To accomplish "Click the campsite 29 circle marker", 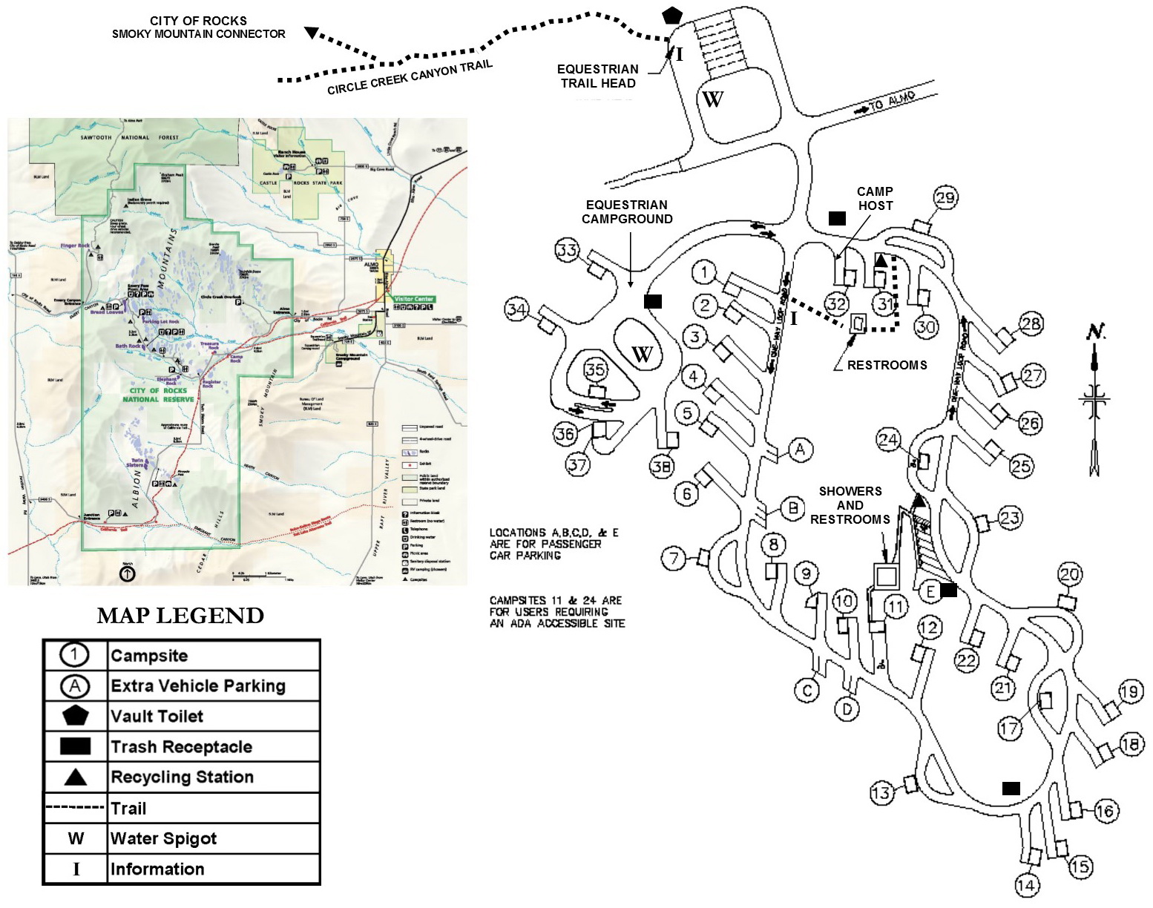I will tap(945, 198).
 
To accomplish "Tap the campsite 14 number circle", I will tap(1027, 884).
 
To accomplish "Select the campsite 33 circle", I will tap(568, 251).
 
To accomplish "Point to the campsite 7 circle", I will tap(674, 558).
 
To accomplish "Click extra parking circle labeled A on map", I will tap(800, 450).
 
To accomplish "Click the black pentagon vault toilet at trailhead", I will tap(672, 15).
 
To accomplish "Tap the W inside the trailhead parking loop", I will tap(712, 99).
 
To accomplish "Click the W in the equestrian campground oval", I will tap(642, 354).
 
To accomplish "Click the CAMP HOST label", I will tap(875, 199).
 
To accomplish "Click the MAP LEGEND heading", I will tap(180, 616).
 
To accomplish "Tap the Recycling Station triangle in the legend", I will tap(76, 777).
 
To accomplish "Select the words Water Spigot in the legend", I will tap(163, 839).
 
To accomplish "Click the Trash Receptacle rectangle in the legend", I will tap(76, 746).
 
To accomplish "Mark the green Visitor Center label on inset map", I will tap(413, 299).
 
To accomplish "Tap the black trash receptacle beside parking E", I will tap(948, 590).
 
